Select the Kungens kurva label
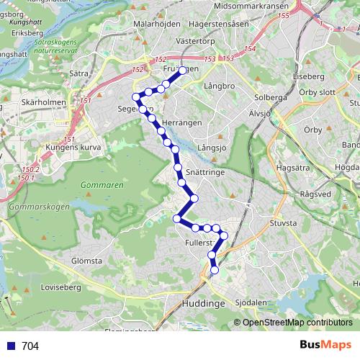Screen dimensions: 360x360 click(x=71, y=147)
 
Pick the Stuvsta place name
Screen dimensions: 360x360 click(x=282, y=224)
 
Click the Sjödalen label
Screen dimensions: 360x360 click(x=251, y=303)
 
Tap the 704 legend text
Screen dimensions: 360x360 click(x=30, y=346)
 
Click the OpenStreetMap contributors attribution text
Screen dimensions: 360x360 click(x=297, y=323)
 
